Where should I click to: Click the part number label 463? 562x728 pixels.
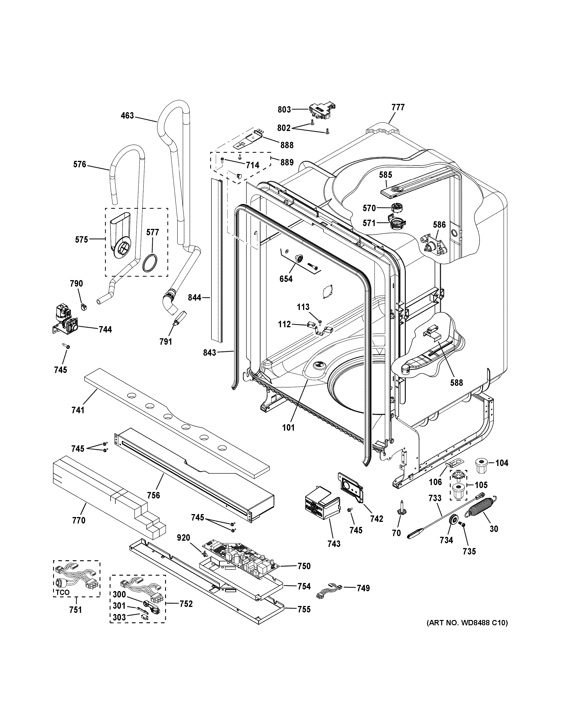click(127, 116)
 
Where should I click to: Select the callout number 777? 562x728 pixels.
click(398, 107)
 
